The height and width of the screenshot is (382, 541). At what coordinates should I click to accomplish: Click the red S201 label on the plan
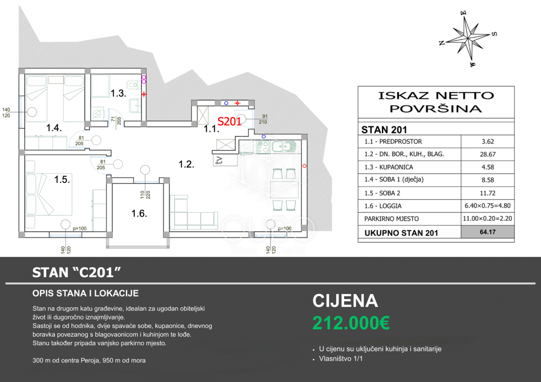(x=229, y=121)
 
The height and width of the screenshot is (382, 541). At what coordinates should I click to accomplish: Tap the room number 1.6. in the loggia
(x=139, y=214)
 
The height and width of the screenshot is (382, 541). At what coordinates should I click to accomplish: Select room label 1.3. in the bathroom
(x=118, y=93)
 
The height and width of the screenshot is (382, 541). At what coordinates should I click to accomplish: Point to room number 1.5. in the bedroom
(x=62, y=179)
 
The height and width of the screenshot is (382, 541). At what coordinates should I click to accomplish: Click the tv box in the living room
(x=225, y=160)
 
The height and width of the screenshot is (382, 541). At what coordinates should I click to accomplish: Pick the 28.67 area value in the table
(x=488, y=154)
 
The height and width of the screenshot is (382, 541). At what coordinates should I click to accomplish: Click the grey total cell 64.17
(x=488, y=232)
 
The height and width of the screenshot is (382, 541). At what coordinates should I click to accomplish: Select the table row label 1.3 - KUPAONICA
(x=389, y=167)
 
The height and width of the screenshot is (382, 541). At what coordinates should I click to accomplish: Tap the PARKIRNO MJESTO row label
(x=391, y=219)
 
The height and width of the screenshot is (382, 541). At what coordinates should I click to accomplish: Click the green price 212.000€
(x=351, y=323)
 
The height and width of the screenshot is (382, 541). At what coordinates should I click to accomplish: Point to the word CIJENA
(x=345, y=300)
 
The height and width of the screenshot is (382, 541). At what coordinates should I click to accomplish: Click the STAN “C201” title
(x=76, y=273)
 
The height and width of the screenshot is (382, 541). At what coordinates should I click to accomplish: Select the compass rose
(x=468, y=39)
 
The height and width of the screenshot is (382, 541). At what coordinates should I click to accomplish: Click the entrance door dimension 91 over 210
(x=263, y=119)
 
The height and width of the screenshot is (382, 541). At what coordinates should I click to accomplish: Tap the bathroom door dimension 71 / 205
(x=116, y=121)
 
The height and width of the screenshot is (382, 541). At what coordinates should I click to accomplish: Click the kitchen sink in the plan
(x=284, y=146)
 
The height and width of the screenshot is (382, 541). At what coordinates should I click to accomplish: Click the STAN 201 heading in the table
(x=384, y=130)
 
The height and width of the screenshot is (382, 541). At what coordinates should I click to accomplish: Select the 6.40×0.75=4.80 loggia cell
(x=488, y=206)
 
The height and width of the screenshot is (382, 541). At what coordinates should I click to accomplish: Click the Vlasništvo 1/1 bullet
(x=341, y=359)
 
